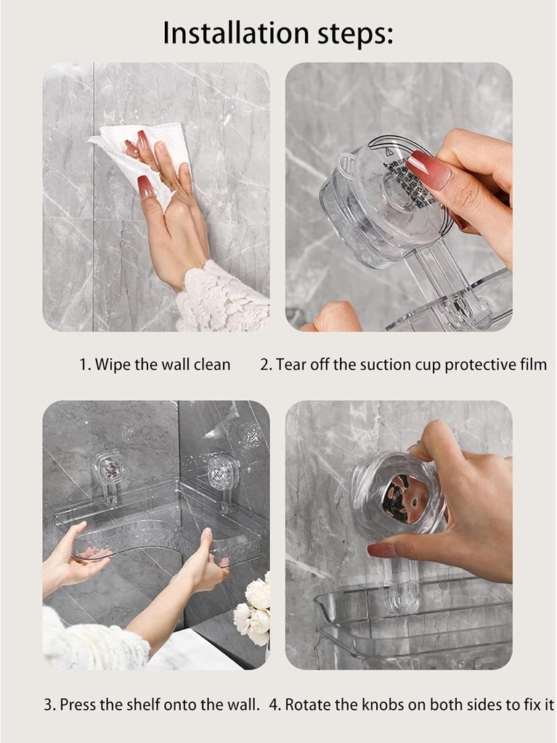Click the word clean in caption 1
(x=211, y=364)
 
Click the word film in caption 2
(x=530, y=364)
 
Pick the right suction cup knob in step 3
(x=223, y=472)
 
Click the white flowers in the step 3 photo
(x=253, y=609)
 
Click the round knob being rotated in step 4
(x=399, y=497)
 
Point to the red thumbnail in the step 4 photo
(x=381, y=550)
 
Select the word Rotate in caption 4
(x=306, y=704)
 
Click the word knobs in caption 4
(x=372, y=704)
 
